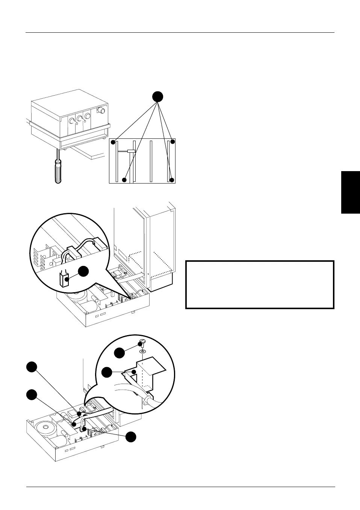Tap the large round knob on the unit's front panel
click(100, 110)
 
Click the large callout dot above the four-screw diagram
click(158, 97)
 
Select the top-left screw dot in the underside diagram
click(113, 142)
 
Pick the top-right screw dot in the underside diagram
click(172, 142)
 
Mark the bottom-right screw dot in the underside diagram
click(172, 180)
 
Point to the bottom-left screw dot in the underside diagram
click(124, 180)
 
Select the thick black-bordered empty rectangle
click(260, 285)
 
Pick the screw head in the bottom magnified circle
click(142, 343)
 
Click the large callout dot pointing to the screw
click(120, 353)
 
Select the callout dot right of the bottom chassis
click(131, 437)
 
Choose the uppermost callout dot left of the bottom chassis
click(32, 367)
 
